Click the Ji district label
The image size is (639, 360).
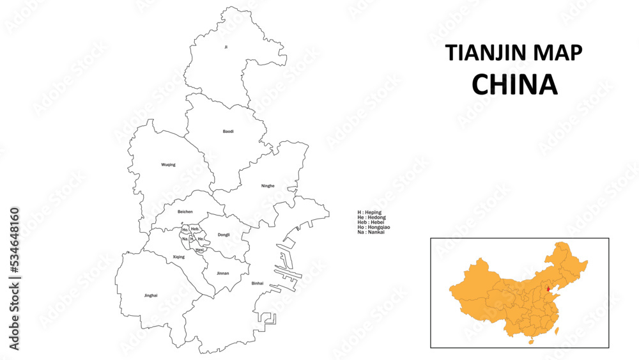click(226, 47)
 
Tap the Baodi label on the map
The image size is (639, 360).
click(228, 131)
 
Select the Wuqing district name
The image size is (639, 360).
click(168, 164)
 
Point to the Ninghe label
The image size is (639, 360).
click(268, 186)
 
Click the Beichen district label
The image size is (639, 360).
click(185, 212)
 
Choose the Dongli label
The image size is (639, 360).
click(224, 235)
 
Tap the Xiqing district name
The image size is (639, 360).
click(179, 257)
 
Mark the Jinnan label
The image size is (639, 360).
click(222, 273)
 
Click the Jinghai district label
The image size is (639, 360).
click(151, 295)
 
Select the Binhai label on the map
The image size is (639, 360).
click(258, 283)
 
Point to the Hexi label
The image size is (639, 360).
click(199, 249)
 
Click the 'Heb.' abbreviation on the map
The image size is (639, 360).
click(196, 229)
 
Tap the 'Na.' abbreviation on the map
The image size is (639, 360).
click(185, 239)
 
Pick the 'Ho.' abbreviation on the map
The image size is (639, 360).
click(185, 230)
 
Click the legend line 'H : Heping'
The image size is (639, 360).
click(370, 212)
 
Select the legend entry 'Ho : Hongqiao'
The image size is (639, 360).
click(374, 226)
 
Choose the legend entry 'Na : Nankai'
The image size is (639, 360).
click(371, 231)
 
